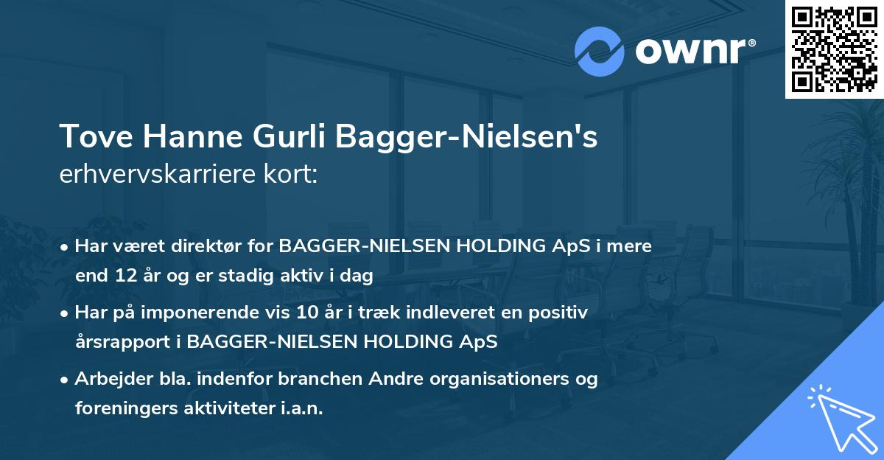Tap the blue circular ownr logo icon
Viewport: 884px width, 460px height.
[600, 51]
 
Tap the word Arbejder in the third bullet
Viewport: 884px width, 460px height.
[108, 380]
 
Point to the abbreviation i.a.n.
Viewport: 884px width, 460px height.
[302, 408]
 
